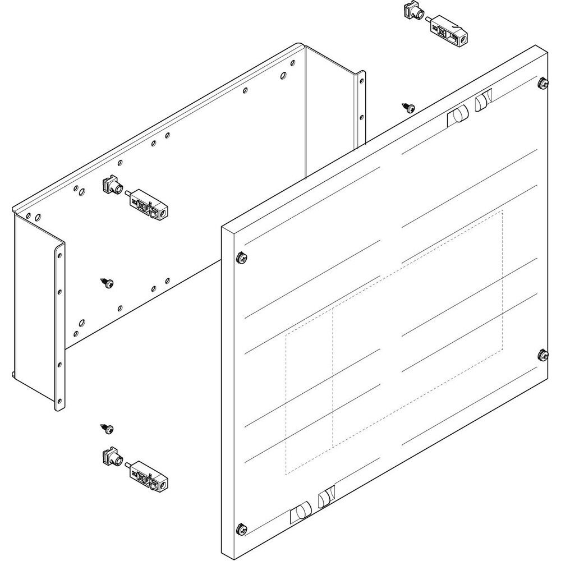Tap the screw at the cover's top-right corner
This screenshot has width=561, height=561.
(542, 84)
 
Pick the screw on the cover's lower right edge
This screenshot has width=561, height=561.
(542, 355)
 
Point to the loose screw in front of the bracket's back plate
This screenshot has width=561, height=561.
(107, 282)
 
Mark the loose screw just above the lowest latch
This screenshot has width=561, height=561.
(107, 429)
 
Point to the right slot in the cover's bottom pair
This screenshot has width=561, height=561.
(326, 498)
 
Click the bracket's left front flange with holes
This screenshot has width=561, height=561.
(59, 325)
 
